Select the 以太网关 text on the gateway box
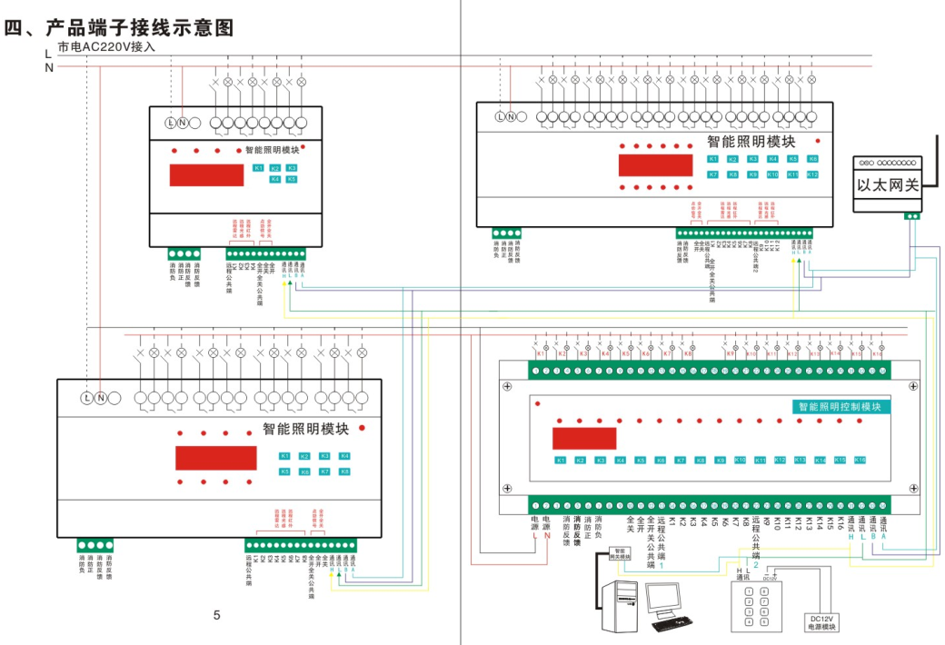tap(889, 184)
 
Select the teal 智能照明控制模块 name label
tap(841, 407)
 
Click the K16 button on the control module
tap(860, 460)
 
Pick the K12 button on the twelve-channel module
tap(812, 174)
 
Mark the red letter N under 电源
tap(547, 536)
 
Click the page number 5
tap(216, 615)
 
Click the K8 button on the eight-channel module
tap(344, 471)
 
